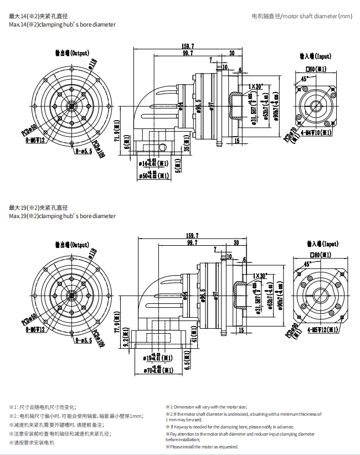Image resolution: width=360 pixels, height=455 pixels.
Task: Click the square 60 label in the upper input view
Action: click(x=317, y=69)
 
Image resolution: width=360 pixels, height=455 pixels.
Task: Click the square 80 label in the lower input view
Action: click(x=317, y=255)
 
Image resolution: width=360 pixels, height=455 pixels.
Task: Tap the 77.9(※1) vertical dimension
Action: click(x=117, y=323)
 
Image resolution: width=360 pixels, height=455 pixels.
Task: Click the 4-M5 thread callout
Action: click(x=320, y=329)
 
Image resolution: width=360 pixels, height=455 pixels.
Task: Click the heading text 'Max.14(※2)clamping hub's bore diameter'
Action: click(x=63, y=25)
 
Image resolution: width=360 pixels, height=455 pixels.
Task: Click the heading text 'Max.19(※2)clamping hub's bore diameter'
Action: click(x=63, y=216)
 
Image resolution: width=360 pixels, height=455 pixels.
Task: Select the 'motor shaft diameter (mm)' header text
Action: click(x=302, y=17)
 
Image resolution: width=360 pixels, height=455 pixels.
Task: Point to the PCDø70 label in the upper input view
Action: click(x=289, y=138)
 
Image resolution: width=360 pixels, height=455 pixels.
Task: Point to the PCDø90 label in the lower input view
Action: click(x=290, y=330)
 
